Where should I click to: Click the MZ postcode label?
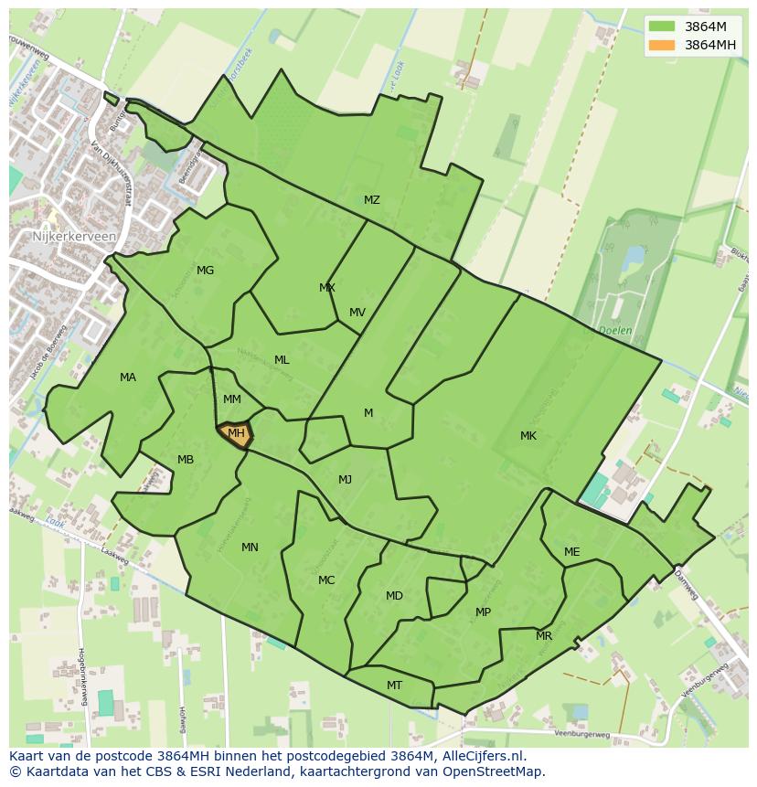pos(371,200)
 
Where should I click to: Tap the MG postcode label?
pos(205,271)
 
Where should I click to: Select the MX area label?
pos(326,288)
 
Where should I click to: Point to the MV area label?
pos(357,313)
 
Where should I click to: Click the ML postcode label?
pos(282,360)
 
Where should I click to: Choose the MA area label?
pos(128,378)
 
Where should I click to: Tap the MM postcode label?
pos(232,399)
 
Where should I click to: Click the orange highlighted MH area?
pos(235,434)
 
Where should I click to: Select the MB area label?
pos(186,460)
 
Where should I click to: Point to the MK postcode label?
pos(528,436)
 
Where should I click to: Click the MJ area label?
pos(345,480)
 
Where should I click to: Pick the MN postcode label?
pos(250,548)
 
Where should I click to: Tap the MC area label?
pos(326,580)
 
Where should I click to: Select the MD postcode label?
pos(394,596)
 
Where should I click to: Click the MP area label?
pos(483,612)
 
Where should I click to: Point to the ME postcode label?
pos(571,552)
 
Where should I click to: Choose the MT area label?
pos(394,686)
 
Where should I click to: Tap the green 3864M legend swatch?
pos(663,27)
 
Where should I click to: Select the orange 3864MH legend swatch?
pos(663,45)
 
